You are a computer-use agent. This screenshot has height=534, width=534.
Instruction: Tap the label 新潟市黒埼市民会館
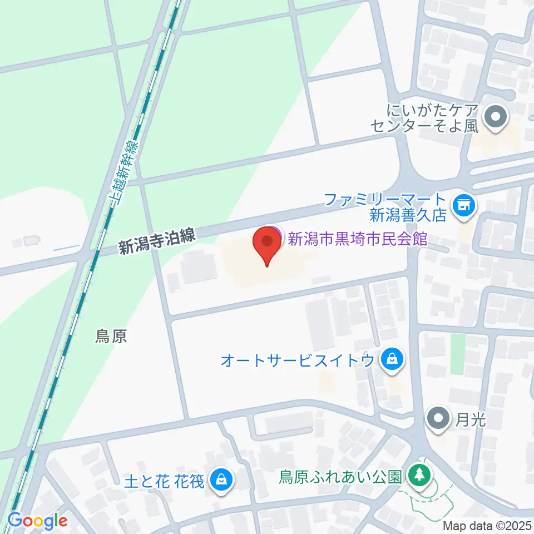(357, 239)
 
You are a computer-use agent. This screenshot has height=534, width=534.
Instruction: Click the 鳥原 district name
(111, 337)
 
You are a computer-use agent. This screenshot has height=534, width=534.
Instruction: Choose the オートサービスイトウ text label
(298, 361)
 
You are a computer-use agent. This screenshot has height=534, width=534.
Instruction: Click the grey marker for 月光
(439, 417)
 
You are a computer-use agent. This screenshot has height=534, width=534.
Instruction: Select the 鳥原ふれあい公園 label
(340, 477)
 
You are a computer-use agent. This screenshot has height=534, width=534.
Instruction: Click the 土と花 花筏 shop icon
(221, 478)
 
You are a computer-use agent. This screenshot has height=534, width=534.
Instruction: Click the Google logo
(37, 521)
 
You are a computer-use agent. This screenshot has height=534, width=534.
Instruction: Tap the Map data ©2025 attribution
(487, 525)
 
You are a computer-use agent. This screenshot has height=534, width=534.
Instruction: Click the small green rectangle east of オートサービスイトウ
(457, 354)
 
